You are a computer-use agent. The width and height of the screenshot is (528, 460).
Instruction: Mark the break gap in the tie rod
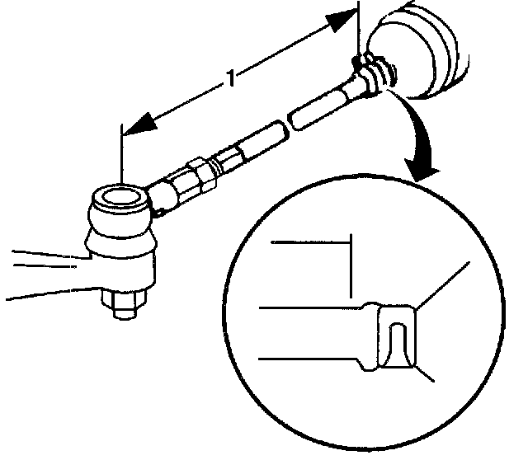click(x=283, y=125)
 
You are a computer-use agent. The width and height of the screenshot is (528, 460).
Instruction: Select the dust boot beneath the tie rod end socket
click(x=122, y=243)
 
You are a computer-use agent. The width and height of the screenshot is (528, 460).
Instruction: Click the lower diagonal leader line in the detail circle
click(x=425, y=373)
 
